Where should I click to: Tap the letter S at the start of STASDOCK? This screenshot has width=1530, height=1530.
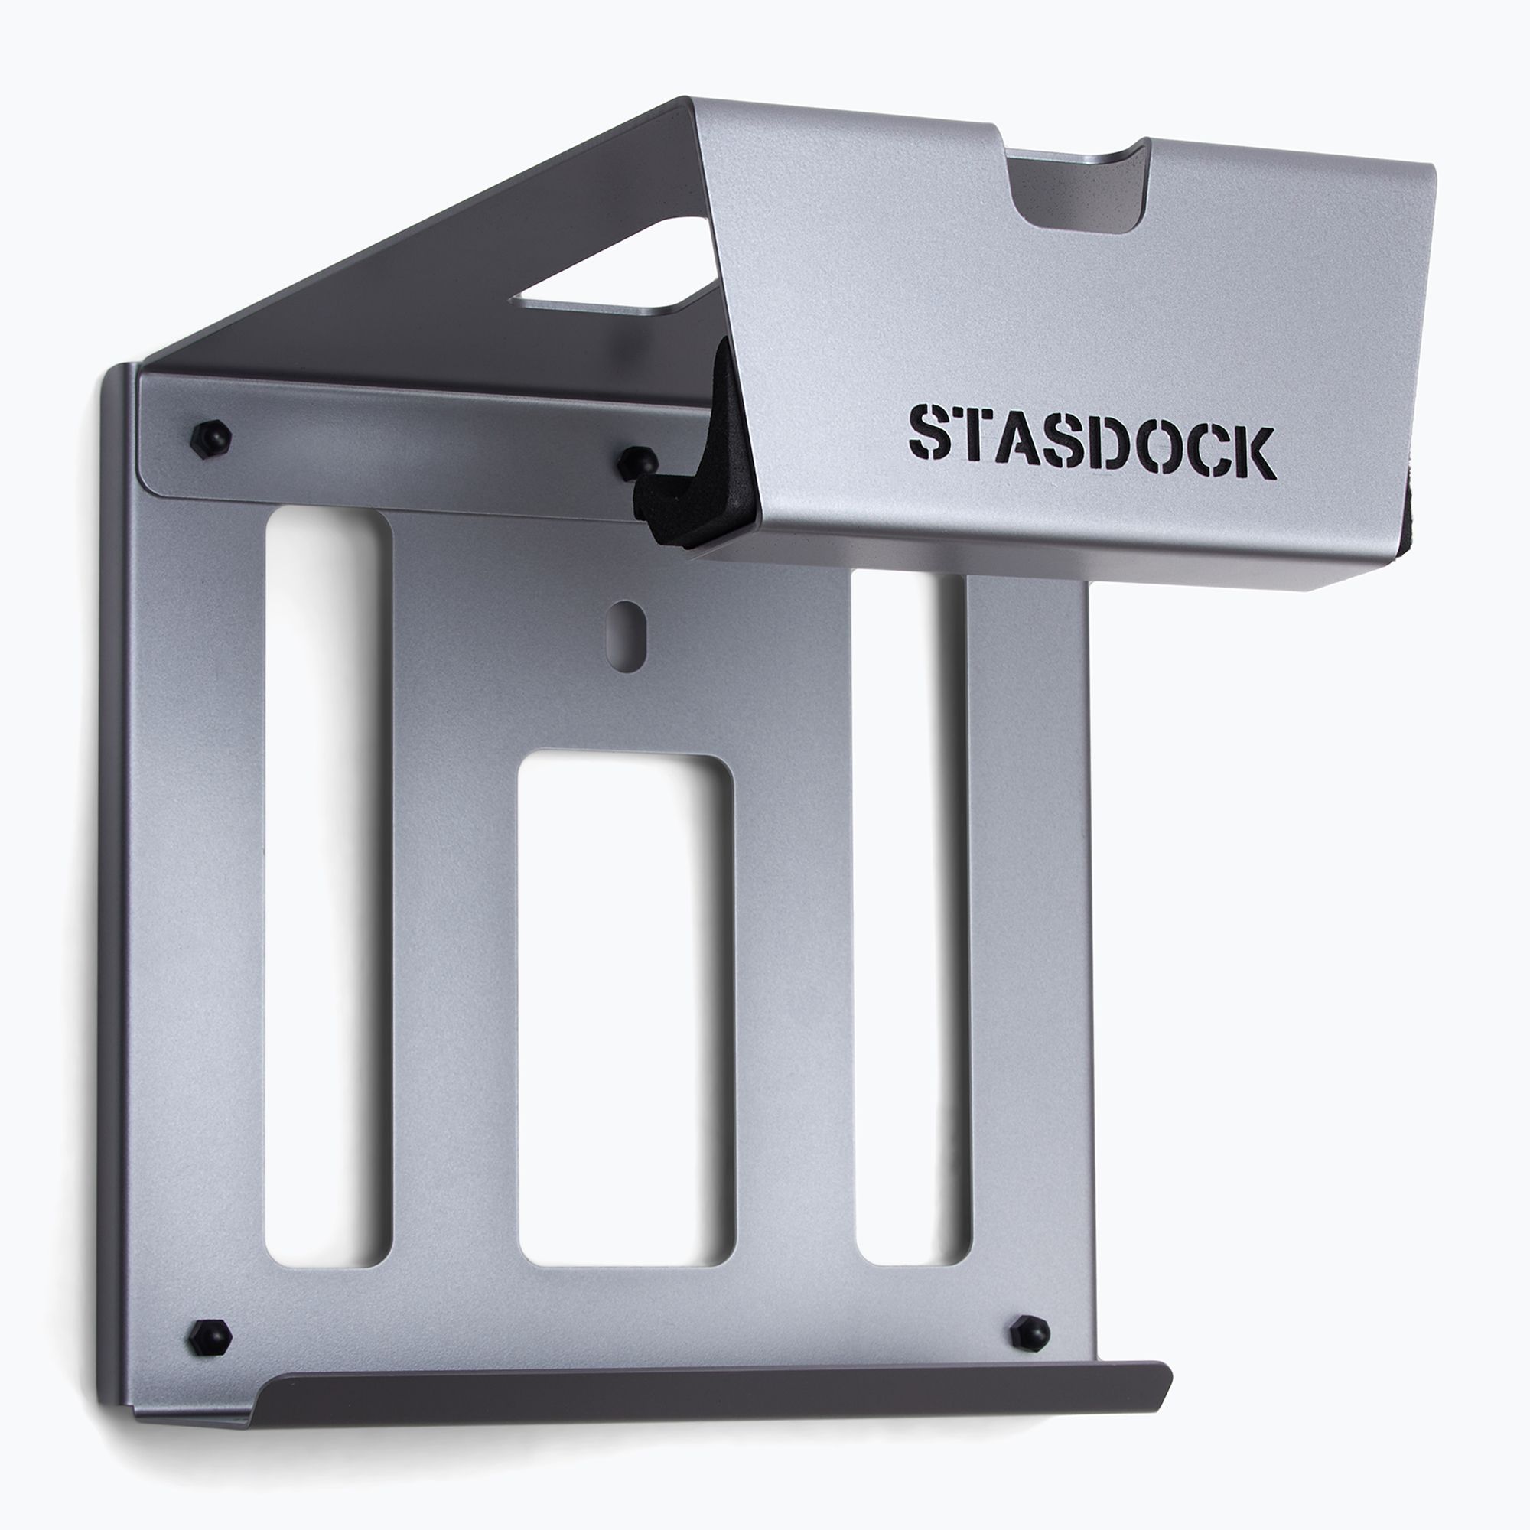click(x=929, y=432)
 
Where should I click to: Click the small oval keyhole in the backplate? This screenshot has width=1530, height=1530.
click(x=627, y=625)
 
